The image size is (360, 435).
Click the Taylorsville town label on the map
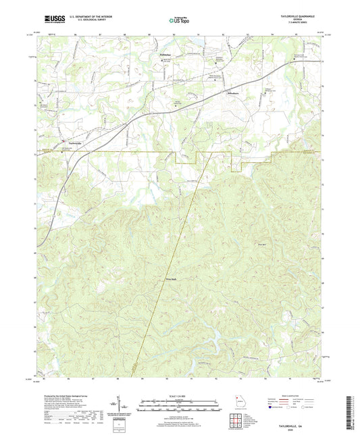coord(72,141)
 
